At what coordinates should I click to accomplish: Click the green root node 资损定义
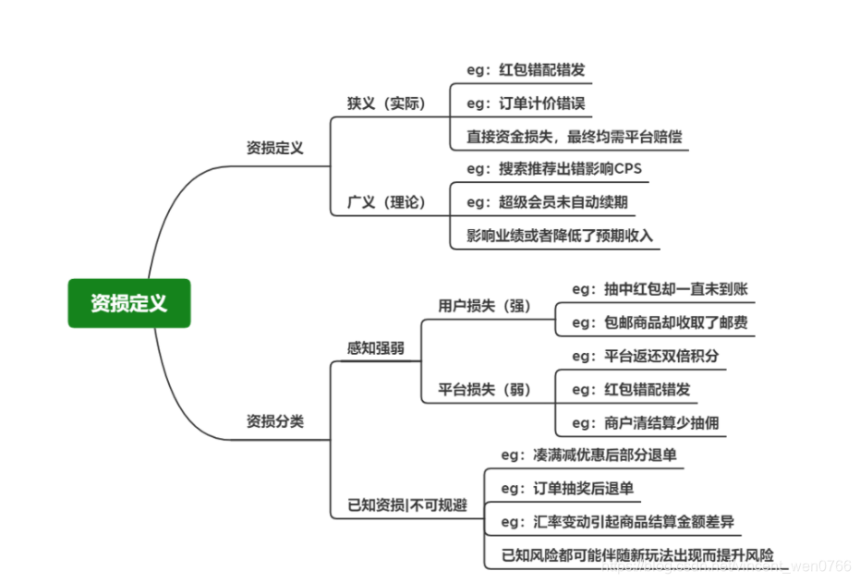click(x=129, y=303)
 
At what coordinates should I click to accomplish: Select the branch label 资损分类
click(x=274, y=421)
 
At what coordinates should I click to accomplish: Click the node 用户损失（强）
click(x=484, y=306)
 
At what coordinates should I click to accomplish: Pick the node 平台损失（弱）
click(x=484, y=390)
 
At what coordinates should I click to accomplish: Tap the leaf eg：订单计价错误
click(x=526, y=103)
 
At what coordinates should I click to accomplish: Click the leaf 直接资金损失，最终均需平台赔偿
click(x=574, y=137)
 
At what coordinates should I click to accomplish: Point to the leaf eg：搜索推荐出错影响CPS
click(x=554, y=169)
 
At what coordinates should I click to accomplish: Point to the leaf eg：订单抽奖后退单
click(x=567, y=488)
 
